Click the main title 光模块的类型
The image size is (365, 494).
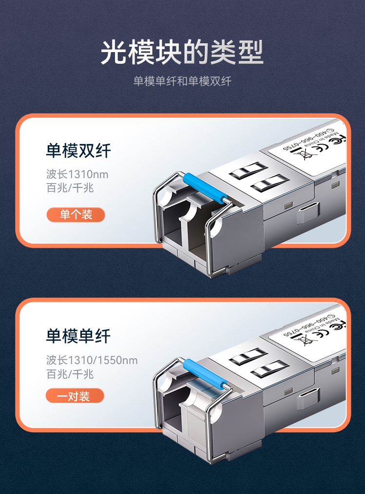[182, 53]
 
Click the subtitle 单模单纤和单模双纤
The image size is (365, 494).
[182, 81]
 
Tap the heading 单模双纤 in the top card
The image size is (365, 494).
[78, 151]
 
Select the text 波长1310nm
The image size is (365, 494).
[77, 174]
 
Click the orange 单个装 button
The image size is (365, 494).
[76, 215]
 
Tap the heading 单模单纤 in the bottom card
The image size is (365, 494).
[78, 336]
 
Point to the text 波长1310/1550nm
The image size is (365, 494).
[92, 361]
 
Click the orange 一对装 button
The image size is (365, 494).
[75, 396]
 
